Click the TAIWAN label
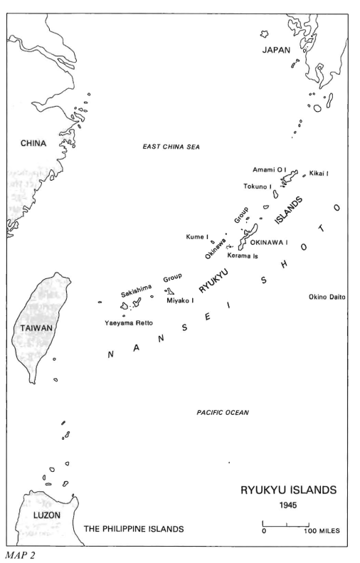tap(36, 328)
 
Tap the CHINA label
tap(33, 143)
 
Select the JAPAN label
tap(276, 50)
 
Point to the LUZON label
tap(47, 515)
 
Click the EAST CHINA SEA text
tap(171, 147)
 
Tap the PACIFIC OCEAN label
tap(223, 413)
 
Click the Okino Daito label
tap(327, 297)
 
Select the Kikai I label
tap(319, 174)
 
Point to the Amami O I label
tap(270, 169)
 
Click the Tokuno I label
tap(258, 186)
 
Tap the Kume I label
tap(197, 236)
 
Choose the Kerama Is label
tap(243, 256)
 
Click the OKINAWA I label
tap(269, 243)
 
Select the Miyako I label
tap(180, 300)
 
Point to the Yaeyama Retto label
tap(129, 323)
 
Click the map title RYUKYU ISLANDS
tap(289, 490)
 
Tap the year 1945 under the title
tap(288, 505)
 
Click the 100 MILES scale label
tap(322, 531)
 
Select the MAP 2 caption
tap(20, 556)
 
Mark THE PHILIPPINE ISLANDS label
tap(134, 529)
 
